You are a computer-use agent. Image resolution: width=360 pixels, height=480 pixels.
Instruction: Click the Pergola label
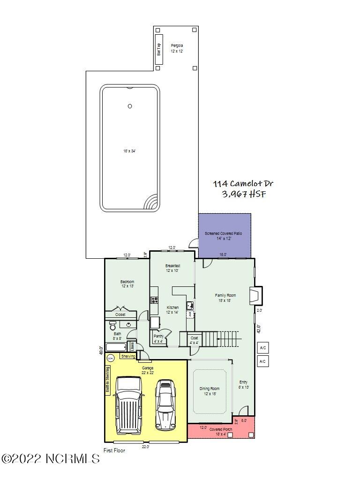(x=177, y=45)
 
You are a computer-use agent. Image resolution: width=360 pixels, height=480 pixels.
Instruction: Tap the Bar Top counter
(x=159, y=49)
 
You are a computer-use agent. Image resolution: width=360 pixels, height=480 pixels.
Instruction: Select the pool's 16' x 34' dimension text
(x=130, y=151)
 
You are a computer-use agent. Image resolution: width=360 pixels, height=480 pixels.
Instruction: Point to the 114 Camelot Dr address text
(x=240, y=184)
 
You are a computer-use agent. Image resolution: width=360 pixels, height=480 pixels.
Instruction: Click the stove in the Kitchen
(x=154, y=300)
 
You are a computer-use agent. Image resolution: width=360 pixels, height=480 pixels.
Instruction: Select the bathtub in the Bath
(x=116, y=347)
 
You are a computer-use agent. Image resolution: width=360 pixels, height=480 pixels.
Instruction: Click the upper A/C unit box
(x=263, y=348)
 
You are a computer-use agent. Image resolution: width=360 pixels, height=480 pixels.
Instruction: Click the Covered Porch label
(x=221, y=429)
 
